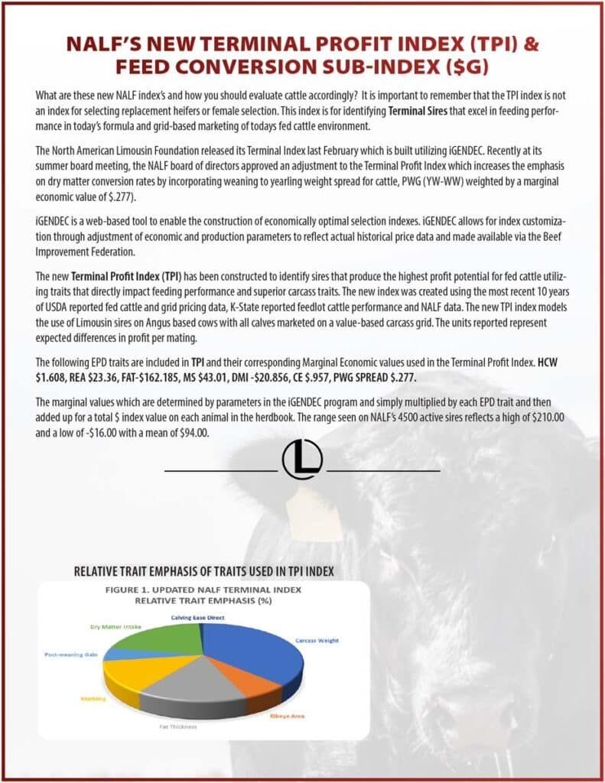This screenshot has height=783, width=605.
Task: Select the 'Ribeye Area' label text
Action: pyautogui.click(x=287, y=716)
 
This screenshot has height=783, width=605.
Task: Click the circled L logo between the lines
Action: pyautogui.click(x=302, y=460)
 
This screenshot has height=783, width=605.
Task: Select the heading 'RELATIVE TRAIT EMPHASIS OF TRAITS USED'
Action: pyautogui.click(x=203, y=571)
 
